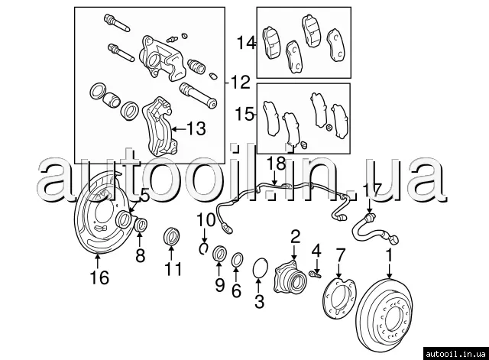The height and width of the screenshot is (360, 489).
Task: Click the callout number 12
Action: pyautogui.click(x=241, y=82)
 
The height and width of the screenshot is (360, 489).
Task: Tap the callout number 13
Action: pyautogui.click(x=196, y=128)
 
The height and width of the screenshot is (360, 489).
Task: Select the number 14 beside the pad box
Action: pyautogui.click(x=246, y=43)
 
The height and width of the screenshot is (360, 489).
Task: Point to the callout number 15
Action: pyautogui.click(x=244, y=114)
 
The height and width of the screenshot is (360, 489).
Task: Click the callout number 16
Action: pyautogui.click(x=99, y=277)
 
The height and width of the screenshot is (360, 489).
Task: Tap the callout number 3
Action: pyautogui.click(x=259, y=301)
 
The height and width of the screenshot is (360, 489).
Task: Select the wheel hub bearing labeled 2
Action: pyautogui.click(x=290, y=277)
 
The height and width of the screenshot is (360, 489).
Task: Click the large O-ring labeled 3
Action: pyautogui.click(x=260, y=268)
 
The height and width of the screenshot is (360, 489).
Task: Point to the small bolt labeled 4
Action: pyautogui.click(x=316, y=274)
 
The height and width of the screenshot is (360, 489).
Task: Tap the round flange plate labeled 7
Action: pyautogui.click(x=338, y=299)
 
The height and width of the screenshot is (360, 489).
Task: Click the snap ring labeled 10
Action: pyautogui.click(x=204, y=248)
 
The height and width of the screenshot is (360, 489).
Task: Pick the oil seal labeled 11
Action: pyautogui.click(x=172, y=236)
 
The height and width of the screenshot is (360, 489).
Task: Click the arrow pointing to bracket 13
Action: pyautogui.click(x=179, y=128)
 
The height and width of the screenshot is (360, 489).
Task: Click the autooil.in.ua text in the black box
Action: pyautogui.click(x=455, y=354)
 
